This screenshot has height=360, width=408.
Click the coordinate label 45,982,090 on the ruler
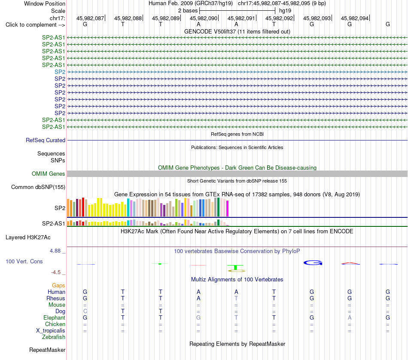[x=204, y=18]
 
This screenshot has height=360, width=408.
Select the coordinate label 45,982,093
[x=317, y=18]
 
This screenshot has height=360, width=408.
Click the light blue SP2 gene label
[x=60, y=72]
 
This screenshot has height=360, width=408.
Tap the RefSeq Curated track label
[x=46, y=140]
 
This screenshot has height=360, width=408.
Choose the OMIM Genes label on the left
[x=49, y=174]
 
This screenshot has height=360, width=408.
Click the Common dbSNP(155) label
[x=38, y=187]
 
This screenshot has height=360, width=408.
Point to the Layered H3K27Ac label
[x=28, y=238]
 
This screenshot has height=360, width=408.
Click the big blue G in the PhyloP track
[x=313, y=263]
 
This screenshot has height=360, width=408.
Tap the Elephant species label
[x=55, y=318]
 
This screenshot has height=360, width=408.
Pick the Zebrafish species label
[x=54, y=337]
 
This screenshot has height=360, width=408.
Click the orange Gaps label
[x=58, y=286]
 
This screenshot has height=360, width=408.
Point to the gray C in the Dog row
[x=85, y=311]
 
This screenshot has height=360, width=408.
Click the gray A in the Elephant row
[x=350, y=318]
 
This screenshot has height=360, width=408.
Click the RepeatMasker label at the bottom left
[x=47, y=350]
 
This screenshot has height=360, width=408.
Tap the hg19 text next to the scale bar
[x=285, y=11]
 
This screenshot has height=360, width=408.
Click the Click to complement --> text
[x=35, y=25]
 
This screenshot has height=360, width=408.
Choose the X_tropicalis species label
[x=51, y=331]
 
